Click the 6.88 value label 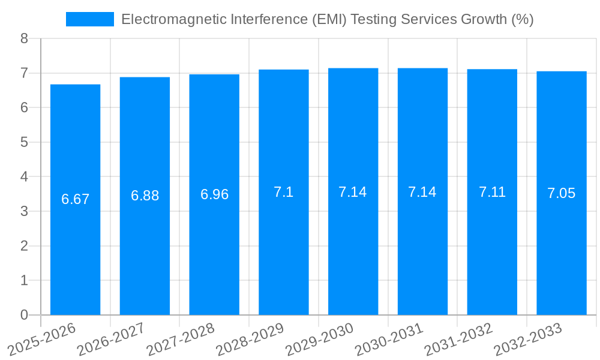tap(145, 196)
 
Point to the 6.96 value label tap(214, 194)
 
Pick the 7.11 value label tap(492, 192)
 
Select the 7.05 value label tap(562, 193)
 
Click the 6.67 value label tap(75, 199)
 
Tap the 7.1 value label tap(284, 192)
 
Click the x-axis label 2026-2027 tap(111, 340)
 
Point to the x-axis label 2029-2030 tap(319, 340)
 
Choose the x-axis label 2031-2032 tap(458, 340)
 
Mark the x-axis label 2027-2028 tap(180, 340)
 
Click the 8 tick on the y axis tap(24, 38)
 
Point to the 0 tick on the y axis tap(24, 315)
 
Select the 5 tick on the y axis tap(24, 142)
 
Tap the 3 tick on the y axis tap(24, 211)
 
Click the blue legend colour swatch tap(90, 19)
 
